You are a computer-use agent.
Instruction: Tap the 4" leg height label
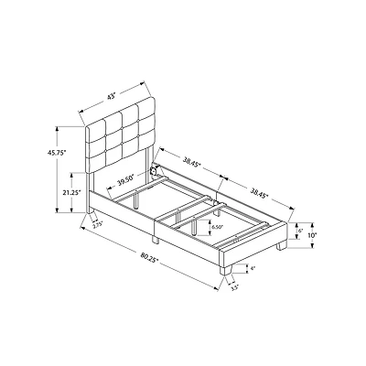(252, 268)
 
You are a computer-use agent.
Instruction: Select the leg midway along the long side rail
(157, 240)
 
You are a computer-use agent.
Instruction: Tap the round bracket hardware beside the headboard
(156, 169)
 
